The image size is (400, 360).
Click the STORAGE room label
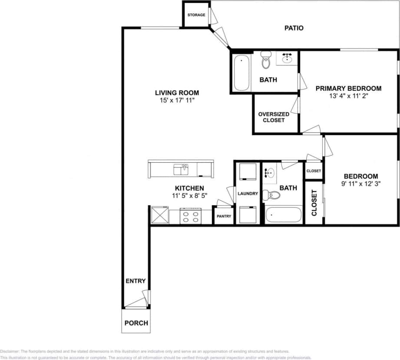pos(196,15)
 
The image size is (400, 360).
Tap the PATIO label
pos(294,28)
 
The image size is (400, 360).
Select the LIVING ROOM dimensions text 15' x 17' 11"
pos(177,100)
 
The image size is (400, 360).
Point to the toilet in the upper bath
pos(266,62)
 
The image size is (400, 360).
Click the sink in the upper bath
pos(287,58)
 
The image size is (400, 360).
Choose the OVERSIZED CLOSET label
pos(274,117)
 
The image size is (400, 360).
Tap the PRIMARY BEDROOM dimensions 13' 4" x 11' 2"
pos(348,97)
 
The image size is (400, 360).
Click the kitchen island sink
pos(181,169)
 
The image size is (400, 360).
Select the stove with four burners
pos(191,216)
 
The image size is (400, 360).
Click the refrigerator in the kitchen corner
pos(159,215)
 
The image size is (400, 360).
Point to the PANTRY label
pos(224,217)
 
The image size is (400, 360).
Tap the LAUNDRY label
pos(248,193)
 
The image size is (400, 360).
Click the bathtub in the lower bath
pos(283,215)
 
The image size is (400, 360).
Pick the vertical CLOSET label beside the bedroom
pos(314,203)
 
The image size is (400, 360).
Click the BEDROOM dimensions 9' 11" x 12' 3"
pos(360,184)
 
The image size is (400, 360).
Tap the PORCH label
pos(136,323)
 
